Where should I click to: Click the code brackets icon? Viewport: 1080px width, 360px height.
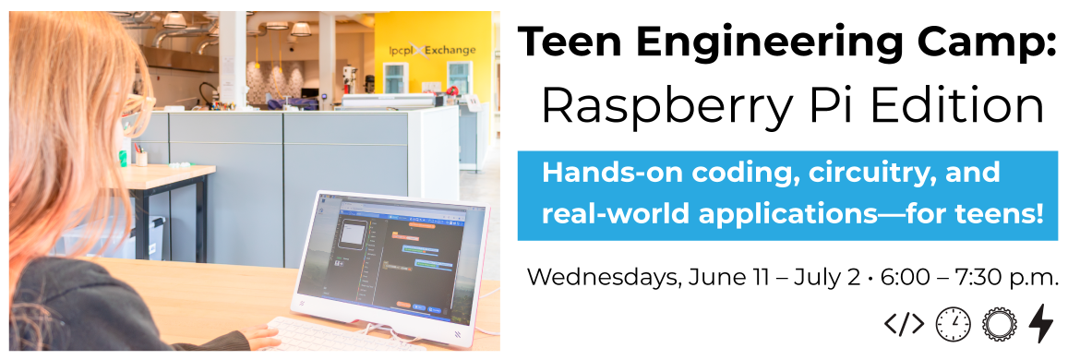[x=905, y=323]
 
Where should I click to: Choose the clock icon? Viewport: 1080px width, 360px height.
[x=953, y=324]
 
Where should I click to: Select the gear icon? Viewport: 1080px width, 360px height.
[x=999, y=324]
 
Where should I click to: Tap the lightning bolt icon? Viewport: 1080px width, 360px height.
[x=1040, y=323]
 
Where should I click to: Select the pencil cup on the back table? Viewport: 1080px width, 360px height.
[x=141, y=158]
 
